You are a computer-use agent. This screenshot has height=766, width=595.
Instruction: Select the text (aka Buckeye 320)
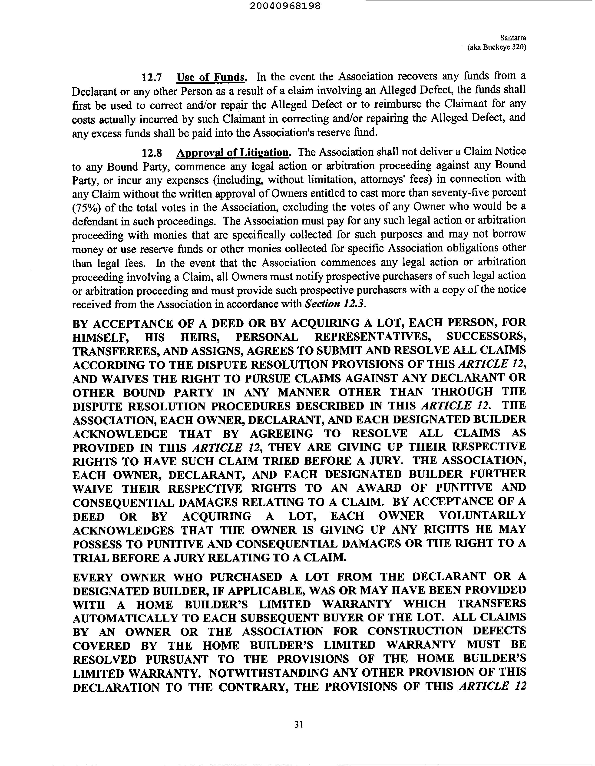(496, 47)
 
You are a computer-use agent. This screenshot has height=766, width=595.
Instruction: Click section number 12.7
(152, 77)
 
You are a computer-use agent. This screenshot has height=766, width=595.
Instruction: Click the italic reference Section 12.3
(335, 304)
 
